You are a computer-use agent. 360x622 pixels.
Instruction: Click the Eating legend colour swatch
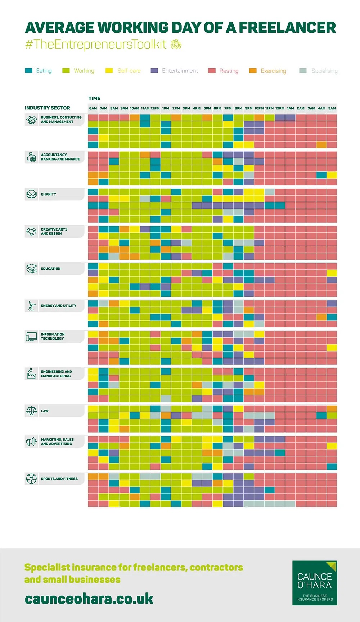click(x=29, y=71)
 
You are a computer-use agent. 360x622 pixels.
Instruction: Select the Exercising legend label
click(x=273, y=71)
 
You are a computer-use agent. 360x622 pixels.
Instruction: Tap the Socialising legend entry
click(x=324, y=71)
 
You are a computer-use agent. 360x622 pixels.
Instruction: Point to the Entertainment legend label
click(x=180, y=71)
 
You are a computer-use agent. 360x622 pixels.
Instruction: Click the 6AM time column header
click(x=93, y=108)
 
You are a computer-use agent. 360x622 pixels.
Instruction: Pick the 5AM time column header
click(x=332, y=108)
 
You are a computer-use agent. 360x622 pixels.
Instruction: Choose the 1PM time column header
click(x=166, y=108)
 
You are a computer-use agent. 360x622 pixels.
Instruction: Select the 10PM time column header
click(x=259, y=108)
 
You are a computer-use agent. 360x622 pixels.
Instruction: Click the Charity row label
click(x=49, y=194)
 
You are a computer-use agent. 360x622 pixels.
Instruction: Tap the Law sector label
click(x=45, y=411)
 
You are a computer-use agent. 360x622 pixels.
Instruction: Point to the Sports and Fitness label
click(x=59, y=479)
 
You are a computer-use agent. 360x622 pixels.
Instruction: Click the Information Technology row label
click(x=53, y=336)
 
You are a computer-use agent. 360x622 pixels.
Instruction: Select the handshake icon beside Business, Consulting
click(x=32, y=120)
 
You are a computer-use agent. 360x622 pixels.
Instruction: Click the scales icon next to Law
click(x=32, y=411)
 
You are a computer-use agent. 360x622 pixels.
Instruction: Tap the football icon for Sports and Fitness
click(x=32, y=479)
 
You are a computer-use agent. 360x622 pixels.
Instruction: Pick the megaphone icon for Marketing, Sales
click(x=32, y=442)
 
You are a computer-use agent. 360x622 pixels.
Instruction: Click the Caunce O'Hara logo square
click(x=315, y=583)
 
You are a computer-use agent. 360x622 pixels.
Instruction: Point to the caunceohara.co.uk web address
click(x=89, y=599)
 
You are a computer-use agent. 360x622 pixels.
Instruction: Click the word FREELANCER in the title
click(x=287, y=28)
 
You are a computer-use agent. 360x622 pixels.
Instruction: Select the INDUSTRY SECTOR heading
click(x=48, y=108)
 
